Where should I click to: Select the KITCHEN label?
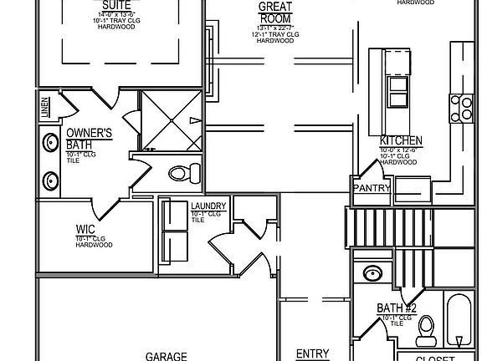pos(401,141)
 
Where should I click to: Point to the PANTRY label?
pos(372,188)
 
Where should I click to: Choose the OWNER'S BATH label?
pos(90,139)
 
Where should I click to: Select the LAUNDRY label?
pos(208,206)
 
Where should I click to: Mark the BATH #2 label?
pos(396,308)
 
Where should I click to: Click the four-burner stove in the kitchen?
pos(461,106)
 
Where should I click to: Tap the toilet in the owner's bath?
pos(184,174)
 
